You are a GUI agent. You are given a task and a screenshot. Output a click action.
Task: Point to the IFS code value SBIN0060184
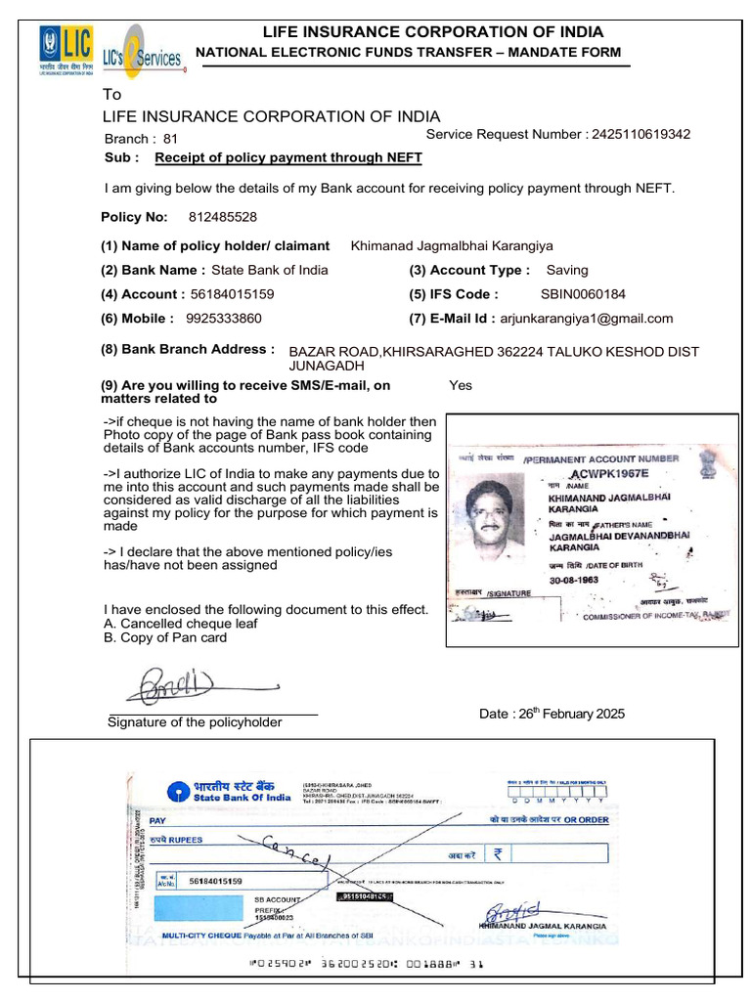coord(583,293)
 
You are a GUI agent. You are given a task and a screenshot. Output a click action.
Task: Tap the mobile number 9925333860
coord(223,318)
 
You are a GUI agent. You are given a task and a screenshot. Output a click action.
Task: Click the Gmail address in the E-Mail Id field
coord(587,318)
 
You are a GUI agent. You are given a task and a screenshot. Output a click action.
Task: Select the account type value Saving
coord(567,270)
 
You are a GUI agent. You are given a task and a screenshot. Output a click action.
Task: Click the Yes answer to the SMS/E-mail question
coord(460,385)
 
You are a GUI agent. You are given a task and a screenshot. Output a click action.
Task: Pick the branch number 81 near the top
coord(171,139)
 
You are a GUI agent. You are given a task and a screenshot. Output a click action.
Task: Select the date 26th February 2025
coord(552,714)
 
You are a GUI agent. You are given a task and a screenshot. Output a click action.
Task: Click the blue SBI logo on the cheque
coord(178,791)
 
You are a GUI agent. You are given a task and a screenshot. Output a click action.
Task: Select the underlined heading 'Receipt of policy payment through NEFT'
coord(288,156)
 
